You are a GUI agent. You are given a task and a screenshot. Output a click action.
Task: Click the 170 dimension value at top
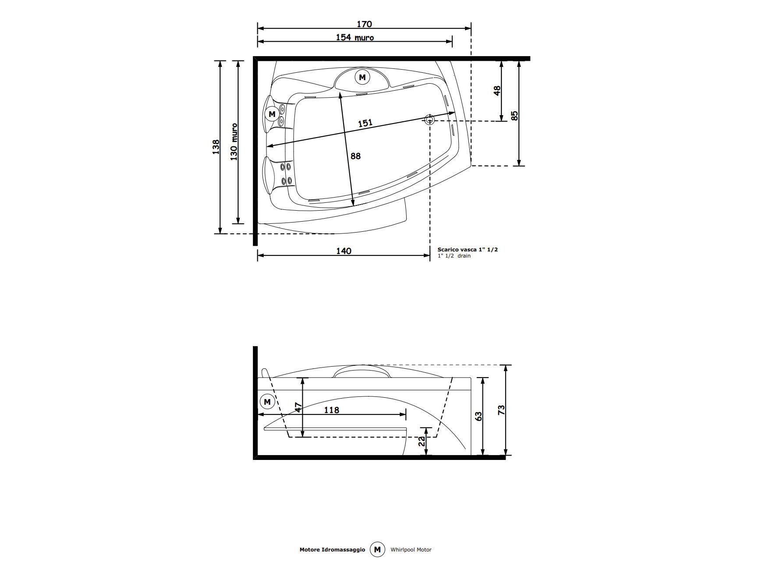(364, 24)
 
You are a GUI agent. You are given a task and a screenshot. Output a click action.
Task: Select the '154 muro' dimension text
(355, 38)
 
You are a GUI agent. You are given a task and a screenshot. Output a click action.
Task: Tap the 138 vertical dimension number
(216, 148)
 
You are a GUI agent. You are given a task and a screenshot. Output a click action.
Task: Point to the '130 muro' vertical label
(234, 141)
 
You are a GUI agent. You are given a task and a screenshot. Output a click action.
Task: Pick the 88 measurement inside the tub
(356, 156)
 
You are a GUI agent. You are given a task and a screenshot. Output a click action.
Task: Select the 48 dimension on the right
(497, 91)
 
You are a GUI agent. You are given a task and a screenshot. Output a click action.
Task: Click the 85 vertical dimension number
(515, 116)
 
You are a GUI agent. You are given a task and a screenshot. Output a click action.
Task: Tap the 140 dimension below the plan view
(344, 251)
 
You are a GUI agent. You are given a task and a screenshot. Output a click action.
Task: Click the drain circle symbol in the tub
(429, 119)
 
